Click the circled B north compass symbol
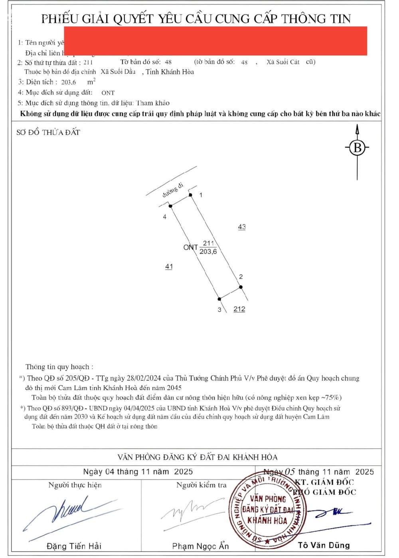(x=357, y=148)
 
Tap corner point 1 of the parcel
(x=191, y=195)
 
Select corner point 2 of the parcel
(x=241, y=287)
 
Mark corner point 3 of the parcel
(x=219, y=299)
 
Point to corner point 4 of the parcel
(x=170, y=206)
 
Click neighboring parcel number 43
(x=242, y=227)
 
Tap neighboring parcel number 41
(x=169, y=266)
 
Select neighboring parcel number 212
(x=239, y=309)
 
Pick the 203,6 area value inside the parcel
(x=208, y=252)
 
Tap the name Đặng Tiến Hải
(x=74, y=546)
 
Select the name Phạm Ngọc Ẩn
(x=200, y=546)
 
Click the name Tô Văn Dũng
(x=324, y=545)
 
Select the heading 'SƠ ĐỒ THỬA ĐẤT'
(x=48, y=133)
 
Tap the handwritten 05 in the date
(x=290, y=472)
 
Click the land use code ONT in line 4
(x=108, y=93)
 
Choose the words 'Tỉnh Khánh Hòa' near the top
(x=170, y=72)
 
